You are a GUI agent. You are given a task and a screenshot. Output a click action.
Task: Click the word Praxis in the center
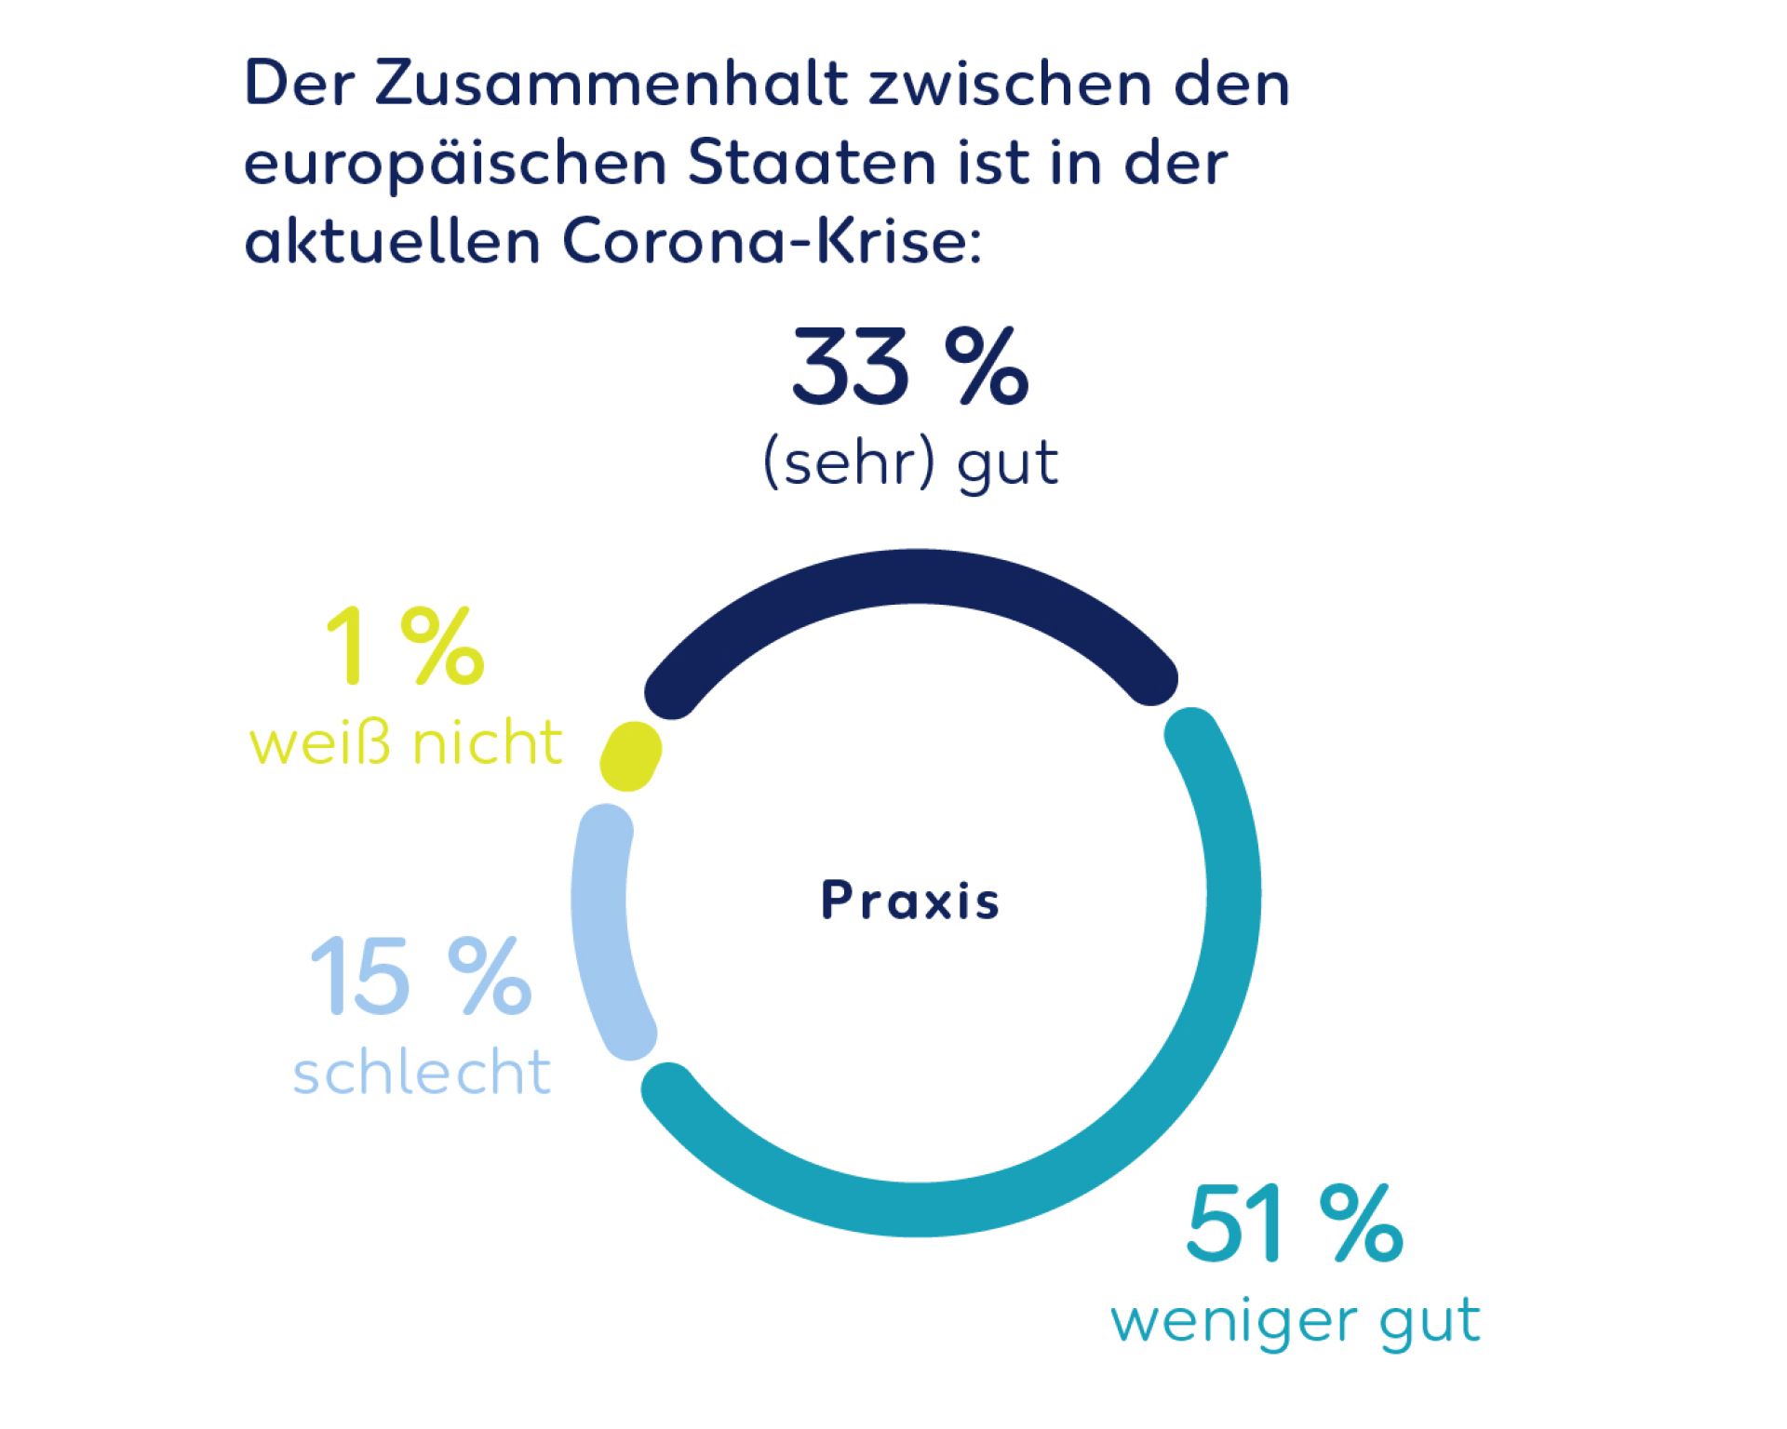[x=910, y=901]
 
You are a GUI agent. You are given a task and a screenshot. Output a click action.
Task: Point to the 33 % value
[x=909, y=368]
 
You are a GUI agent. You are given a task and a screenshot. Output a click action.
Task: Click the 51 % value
[x=1294, y=1224]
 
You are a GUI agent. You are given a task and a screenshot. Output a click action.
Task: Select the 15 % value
[x=420, y=976]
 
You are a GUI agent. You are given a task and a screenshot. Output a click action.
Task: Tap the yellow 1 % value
[x=405, y=647]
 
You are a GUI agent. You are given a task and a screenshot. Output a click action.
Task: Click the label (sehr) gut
[x=910, y=463]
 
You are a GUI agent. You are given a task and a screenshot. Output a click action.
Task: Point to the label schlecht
[x=422, y=1072]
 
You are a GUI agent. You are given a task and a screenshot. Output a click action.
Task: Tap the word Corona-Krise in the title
[x=772, y=242]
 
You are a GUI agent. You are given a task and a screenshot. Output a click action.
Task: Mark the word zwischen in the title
[x=1011, y=84]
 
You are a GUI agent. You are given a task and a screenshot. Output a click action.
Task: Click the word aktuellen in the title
[x=392, y=242]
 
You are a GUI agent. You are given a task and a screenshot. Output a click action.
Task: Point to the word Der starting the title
[x=299, y=84]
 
